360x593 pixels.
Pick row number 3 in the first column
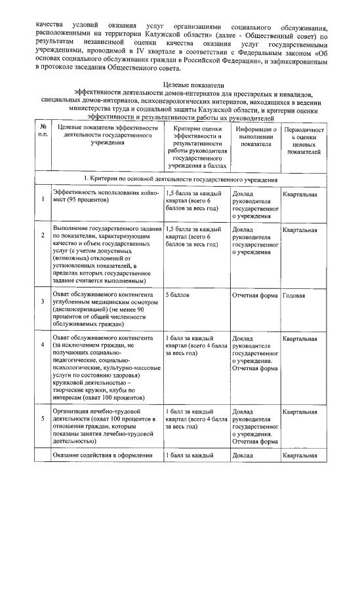click(43, 301)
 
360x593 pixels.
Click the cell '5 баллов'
click(176, 296)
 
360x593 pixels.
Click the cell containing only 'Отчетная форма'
click(255, 296)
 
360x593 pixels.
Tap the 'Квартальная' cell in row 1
click(301, 194)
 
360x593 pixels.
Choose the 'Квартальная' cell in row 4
click(301, 338)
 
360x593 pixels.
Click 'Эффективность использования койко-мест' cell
click(104, 197)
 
